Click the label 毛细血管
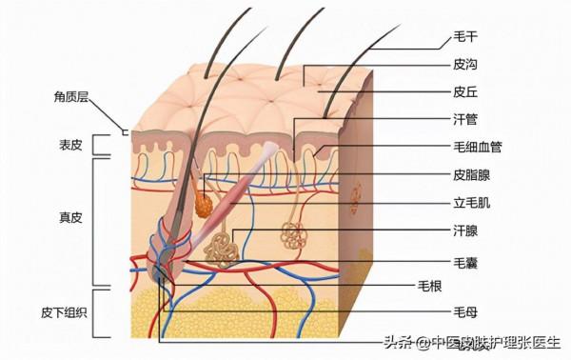click(x=477, y=148)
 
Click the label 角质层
click(x=70, y=97)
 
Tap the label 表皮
click(x=70, y=145)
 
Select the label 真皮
click(x=70, y=217)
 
